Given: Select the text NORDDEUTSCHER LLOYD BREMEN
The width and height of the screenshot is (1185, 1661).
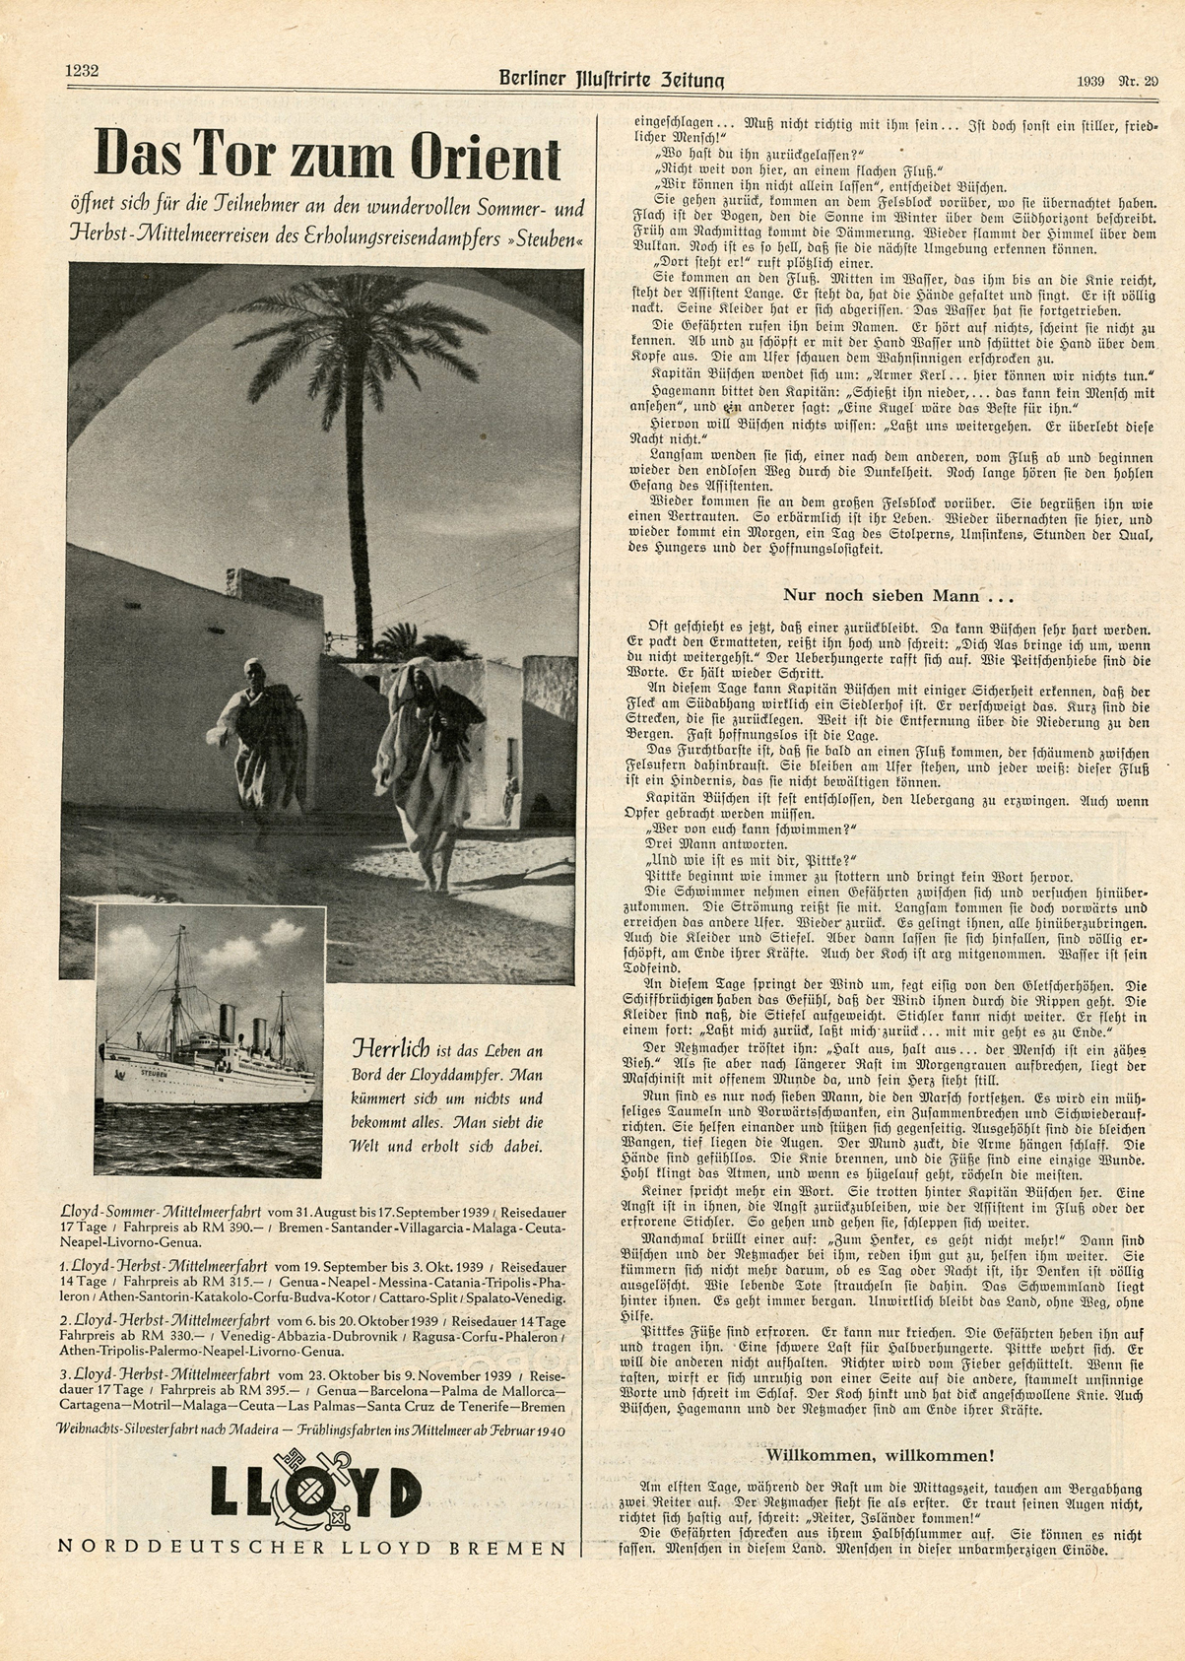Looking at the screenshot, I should pos(312,1547).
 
